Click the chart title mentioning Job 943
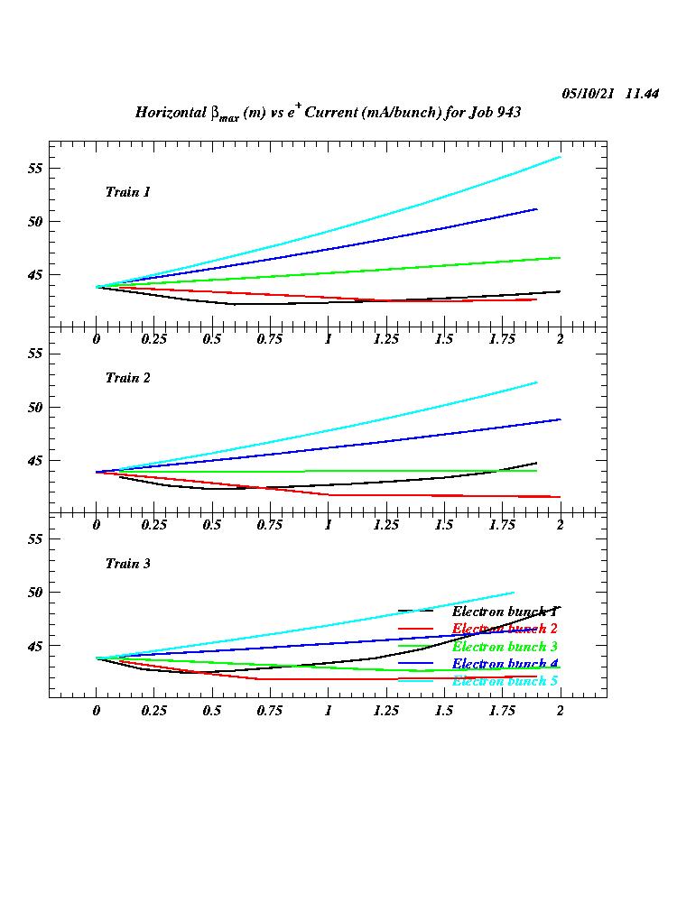[x=328, y=113]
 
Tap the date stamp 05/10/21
[x=589, y=94]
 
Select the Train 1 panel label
[x=127, y=192]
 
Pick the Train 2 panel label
[x=127, y=378]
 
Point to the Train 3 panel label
[x=127, y=564]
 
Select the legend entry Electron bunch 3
[x=504, y=647]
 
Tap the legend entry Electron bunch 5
[x=504, y=681]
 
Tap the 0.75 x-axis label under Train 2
[x=270, y=524]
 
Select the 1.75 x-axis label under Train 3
[x=501, y=711]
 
